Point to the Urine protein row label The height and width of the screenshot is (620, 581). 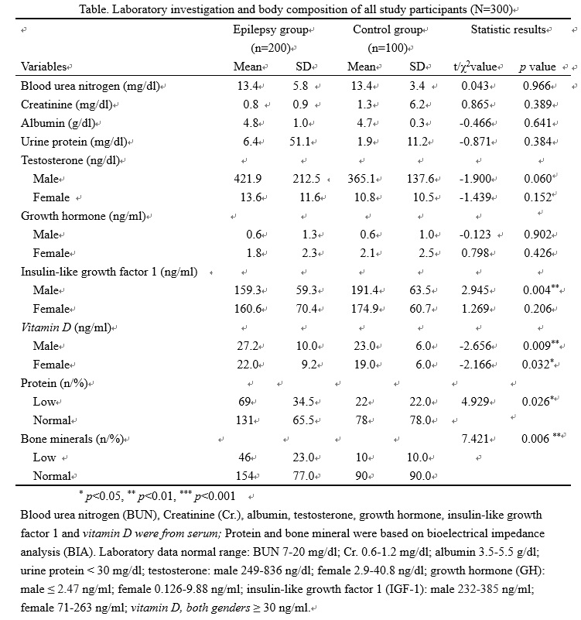click(77, 142)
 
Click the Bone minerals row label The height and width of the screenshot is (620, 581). click(77, 439)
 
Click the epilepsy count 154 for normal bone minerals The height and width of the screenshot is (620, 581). click(248, 476)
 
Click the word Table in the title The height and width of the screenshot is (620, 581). click(93, 9)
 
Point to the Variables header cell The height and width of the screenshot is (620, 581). click(44, 67)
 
